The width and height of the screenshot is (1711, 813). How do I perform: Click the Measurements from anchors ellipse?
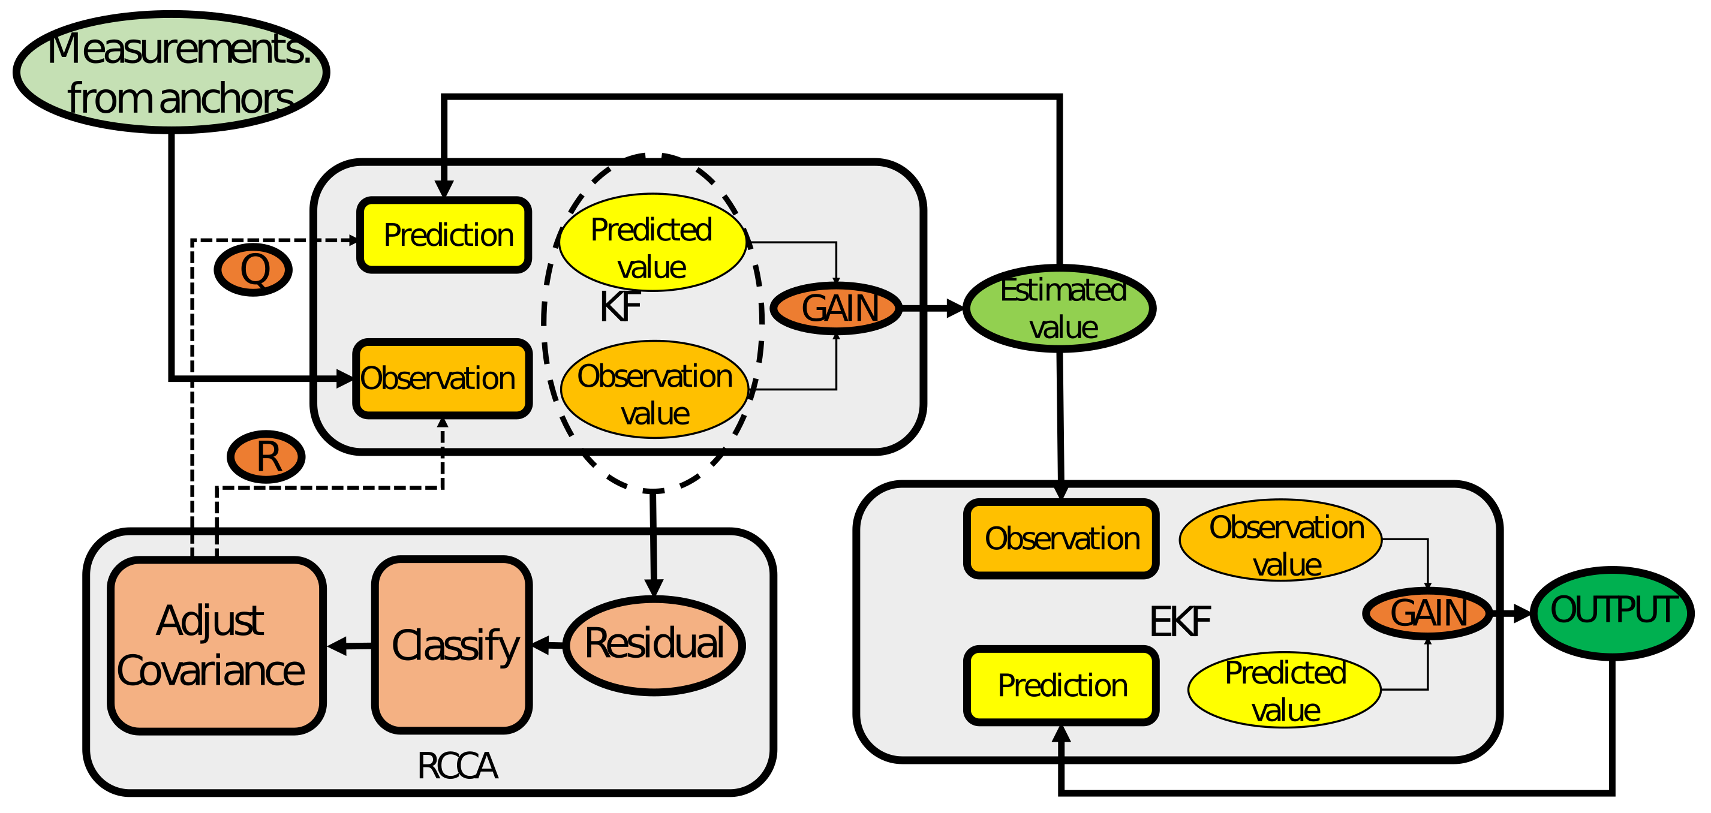[x=172, y=72]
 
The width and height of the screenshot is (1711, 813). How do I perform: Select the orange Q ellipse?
[x=253, y=270]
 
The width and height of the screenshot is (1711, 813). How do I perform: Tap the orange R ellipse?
[x=266, y=457]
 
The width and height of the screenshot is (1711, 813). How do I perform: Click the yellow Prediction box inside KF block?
[x=444, y=235]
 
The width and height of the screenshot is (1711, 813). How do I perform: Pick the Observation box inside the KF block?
[x=443, y=378]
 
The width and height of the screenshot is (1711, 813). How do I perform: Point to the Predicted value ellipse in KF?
[x=652, y=242]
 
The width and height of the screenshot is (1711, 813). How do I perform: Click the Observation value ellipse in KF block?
[x=654, y=390]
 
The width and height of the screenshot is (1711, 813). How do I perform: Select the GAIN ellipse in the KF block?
[x=836, y=308]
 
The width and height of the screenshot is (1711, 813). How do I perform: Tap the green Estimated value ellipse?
[x=1060, y=308]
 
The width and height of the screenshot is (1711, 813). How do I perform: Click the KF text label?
[x=619, y=307]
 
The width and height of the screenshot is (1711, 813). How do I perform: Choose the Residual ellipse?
[x=654, y=645]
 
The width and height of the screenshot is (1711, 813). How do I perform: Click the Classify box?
[x=452, y=645]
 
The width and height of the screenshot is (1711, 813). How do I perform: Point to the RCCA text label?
[x=457, y=766]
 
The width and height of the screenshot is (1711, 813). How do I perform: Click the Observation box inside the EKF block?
[x=1061, y=538]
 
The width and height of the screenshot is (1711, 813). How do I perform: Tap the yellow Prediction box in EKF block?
[x=1061, y=685]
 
